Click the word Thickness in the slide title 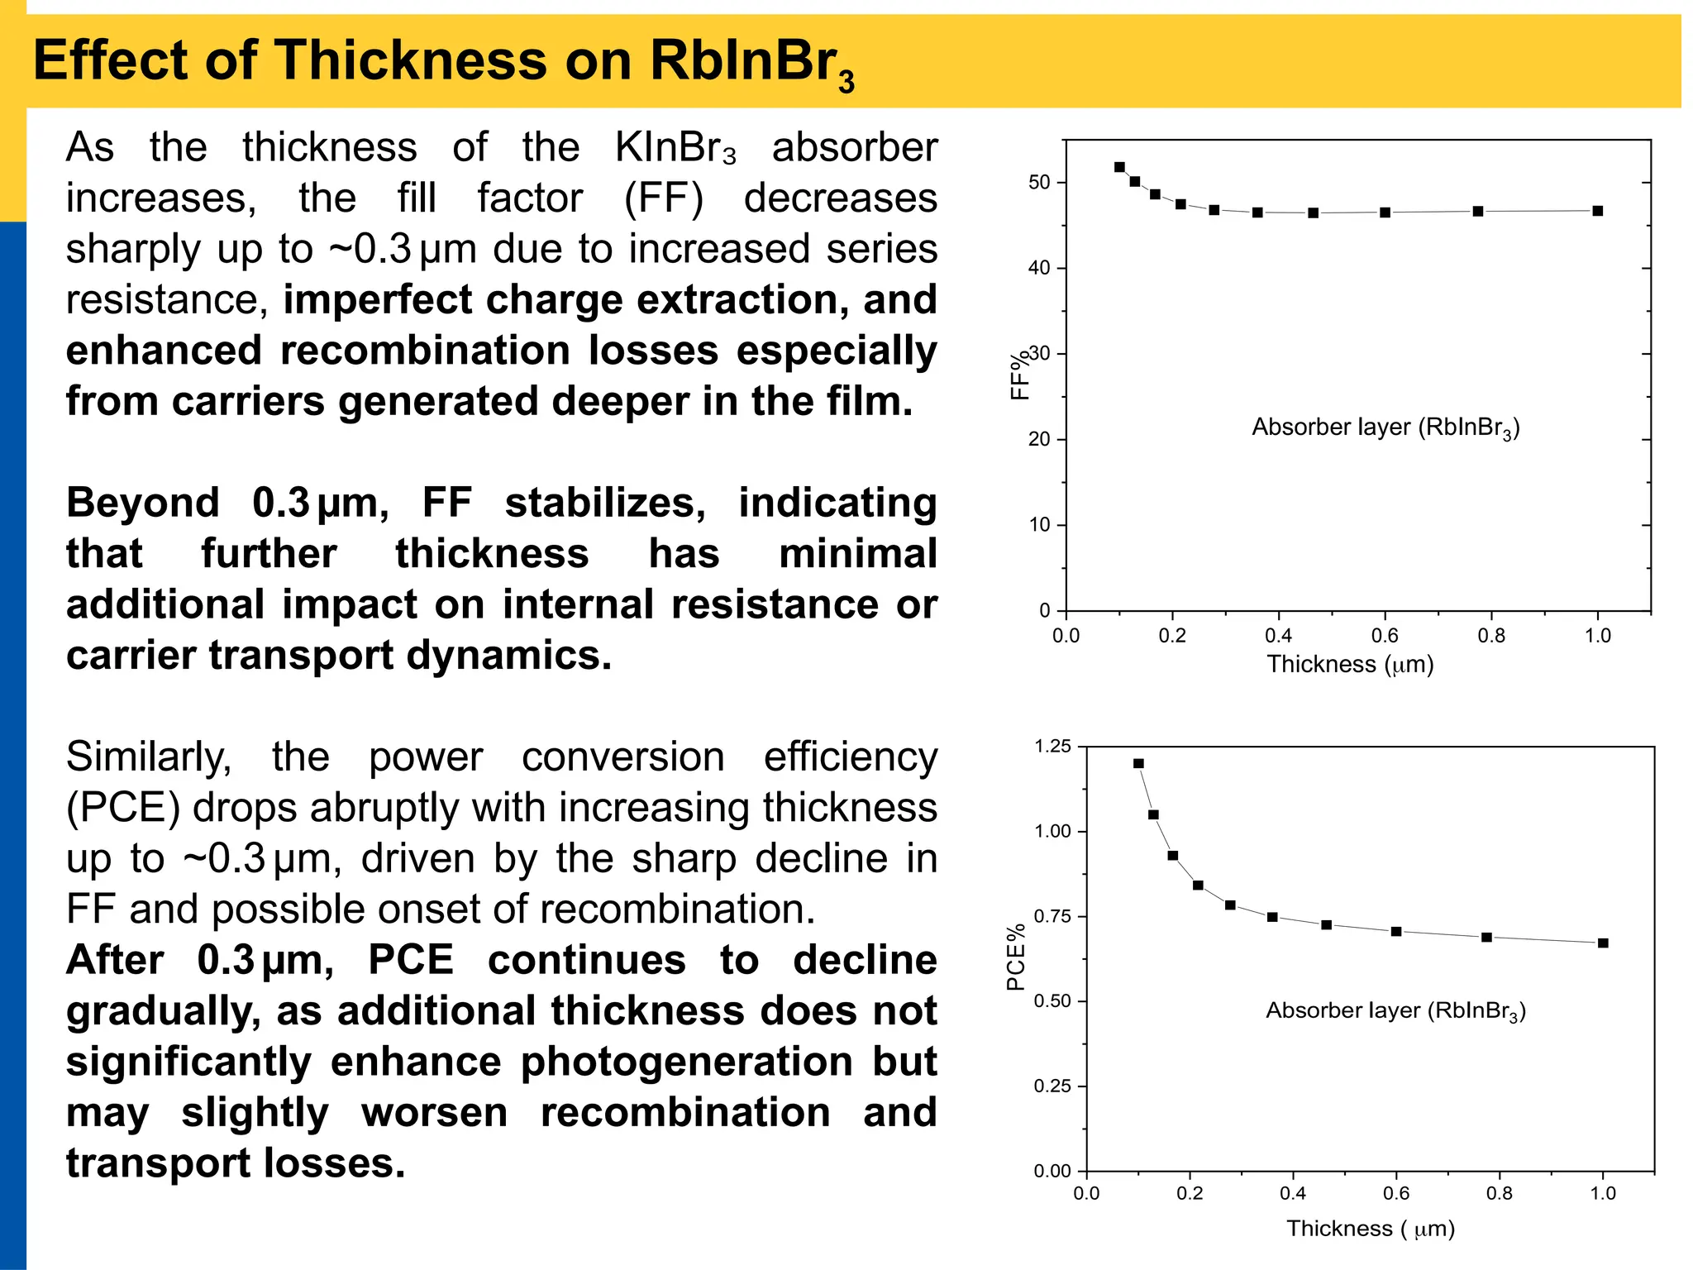pos(410,61)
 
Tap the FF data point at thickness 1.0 pos(1597,211)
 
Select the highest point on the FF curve pos(1119,167)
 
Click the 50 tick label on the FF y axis pos(1039,182)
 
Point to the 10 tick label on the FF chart pos(1039,524)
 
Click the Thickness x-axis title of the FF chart pos(1350,664)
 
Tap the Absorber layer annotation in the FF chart pos(1385,427)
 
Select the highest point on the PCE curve pos(1138,763)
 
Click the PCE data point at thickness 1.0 pos(1602,943)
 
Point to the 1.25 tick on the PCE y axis pos(1052,747)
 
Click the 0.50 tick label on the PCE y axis pos(1052,1001)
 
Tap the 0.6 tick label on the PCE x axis pos(1396,1193)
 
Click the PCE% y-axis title pos(1016,957)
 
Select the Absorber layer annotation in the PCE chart pos(1395,1010)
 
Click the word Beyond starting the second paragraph pos(142,503)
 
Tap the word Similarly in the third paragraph pos(149,757)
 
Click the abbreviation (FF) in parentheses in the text pos(663,198)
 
